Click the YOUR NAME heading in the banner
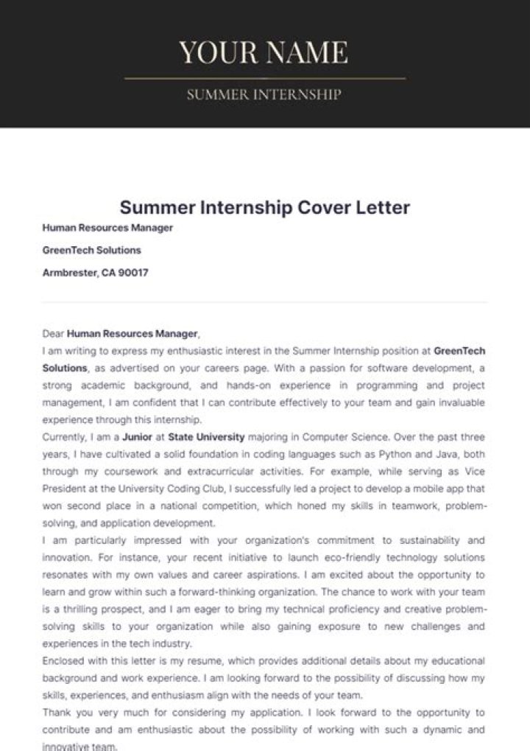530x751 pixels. click(x=264, y=52)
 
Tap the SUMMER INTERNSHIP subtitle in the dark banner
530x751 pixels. click(x=264, y=94)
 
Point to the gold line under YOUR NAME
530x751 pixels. click(x=265, y=77)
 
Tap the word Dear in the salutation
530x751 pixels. click(x=54, y=333)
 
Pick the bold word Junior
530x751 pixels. click(x=137, y=436)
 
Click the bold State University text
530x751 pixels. click(x=206, y=436)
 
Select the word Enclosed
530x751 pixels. click(x=64, y=660)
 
